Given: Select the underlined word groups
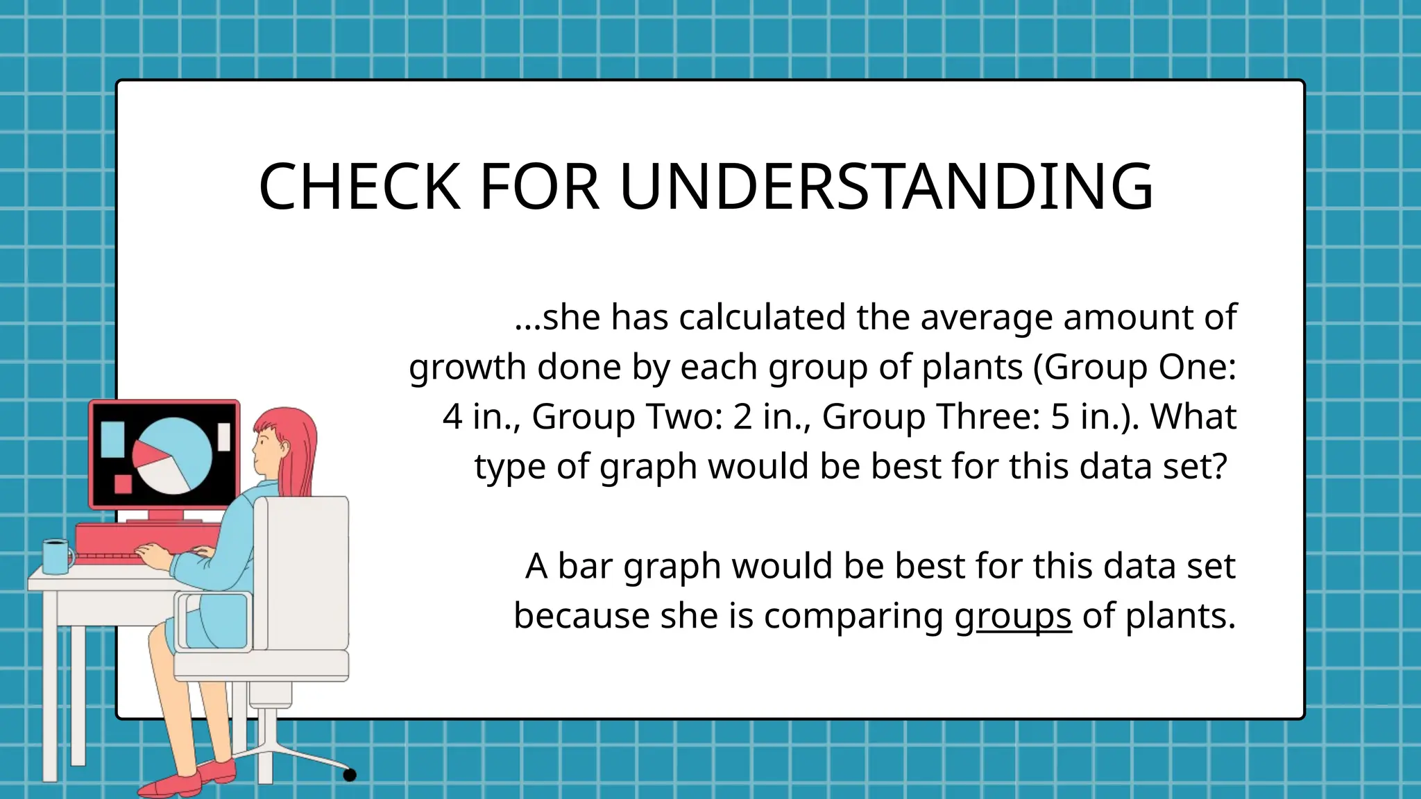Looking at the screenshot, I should tap(1012, 616).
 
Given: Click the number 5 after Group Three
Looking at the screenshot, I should tap(1060, 417).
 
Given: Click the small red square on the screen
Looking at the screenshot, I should tap(123, 483).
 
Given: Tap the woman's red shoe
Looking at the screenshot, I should tap(173, 784).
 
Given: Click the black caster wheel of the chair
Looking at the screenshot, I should tap(350, 775).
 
